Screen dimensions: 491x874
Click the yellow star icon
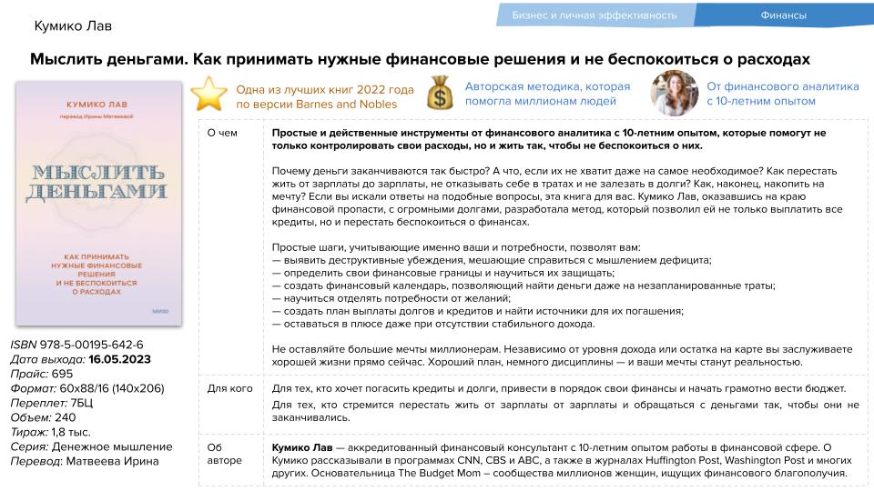tap(209, 94)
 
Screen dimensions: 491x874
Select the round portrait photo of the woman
tap(674, 94)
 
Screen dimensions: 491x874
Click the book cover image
tap(98, 203)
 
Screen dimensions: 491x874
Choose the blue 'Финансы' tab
tap(784, 15)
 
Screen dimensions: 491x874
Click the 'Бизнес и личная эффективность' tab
tap(595, 15)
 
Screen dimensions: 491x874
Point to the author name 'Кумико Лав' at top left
tap(73, 25)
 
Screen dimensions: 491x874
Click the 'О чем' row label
tap(221, 133)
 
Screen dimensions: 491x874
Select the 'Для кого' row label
tap(229, 389)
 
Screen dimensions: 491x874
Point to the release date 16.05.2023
tap(119, 359)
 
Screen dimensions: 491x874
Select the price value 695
tap(62, 374)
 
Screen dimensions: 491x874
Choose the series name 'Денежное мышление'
tap(112, 446)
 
